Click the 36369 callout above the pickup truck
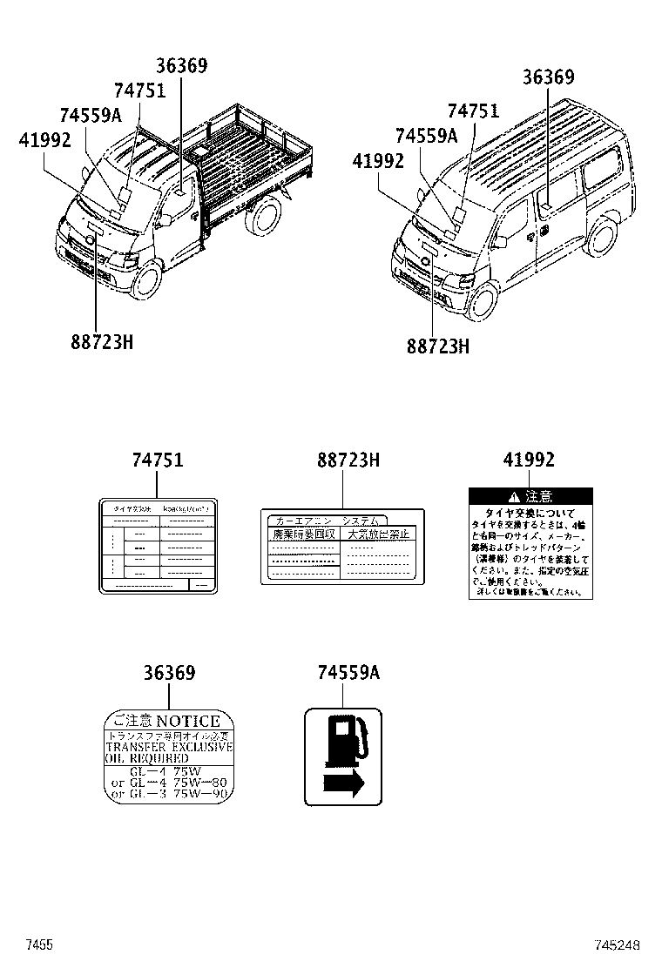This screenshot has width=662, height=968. tap(182, 65)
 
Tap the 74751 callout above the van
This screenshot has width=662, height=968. tap(473, 111)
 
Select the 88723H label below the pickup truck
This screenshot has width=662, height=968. tap(102, 342)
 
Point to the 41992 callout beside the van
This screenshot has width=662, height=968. tap(378, 160)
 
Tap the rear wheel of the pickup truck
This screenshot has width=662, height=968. tap(265, 218)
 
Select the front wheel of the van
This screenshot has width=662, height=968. tap(483, 301)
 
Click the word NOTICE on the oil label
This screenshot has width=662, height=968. tap(188, 721)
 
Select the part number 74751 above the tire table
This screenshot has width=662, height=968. tap(158, 460)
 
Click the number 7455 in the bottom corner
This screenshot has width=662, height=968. tap(39, 944)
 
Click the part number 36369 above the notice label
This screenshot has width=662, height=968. tap(169, 673)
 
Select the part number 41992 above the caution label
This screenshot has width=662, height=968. tap(529, 460)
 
